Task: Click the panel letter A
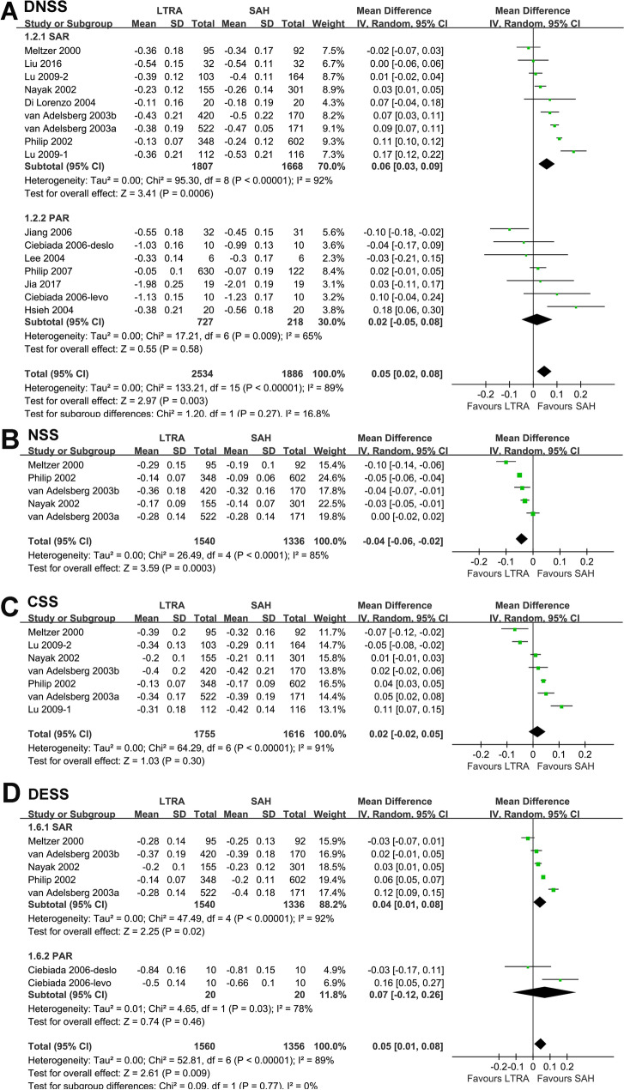tap(8, 8)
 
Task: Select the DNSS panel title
tap(42, 8)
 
